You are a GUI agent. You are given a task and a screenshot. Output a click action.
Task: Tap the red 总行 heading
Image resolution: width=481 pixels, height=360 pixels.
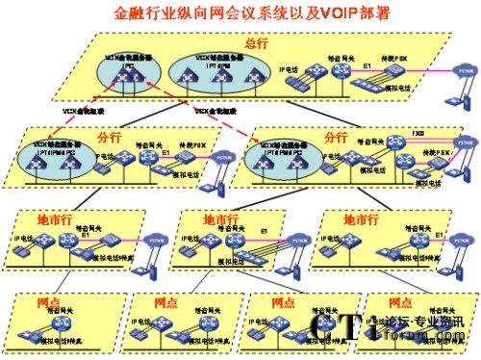tap(256, 43)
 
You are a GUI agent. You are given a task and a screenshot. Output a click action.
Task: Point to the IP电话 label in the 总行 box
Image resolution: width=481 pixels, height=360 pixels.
tap(287, 70)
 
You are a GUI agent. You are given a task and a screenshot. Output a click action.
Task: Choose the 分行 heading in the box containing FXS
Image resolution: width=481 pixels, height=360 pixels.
tap(336, 136)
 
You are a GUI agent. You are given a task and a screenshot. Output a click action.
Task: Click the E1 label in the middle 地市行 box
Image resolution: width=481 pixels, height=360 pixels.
tap(264, 232)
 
